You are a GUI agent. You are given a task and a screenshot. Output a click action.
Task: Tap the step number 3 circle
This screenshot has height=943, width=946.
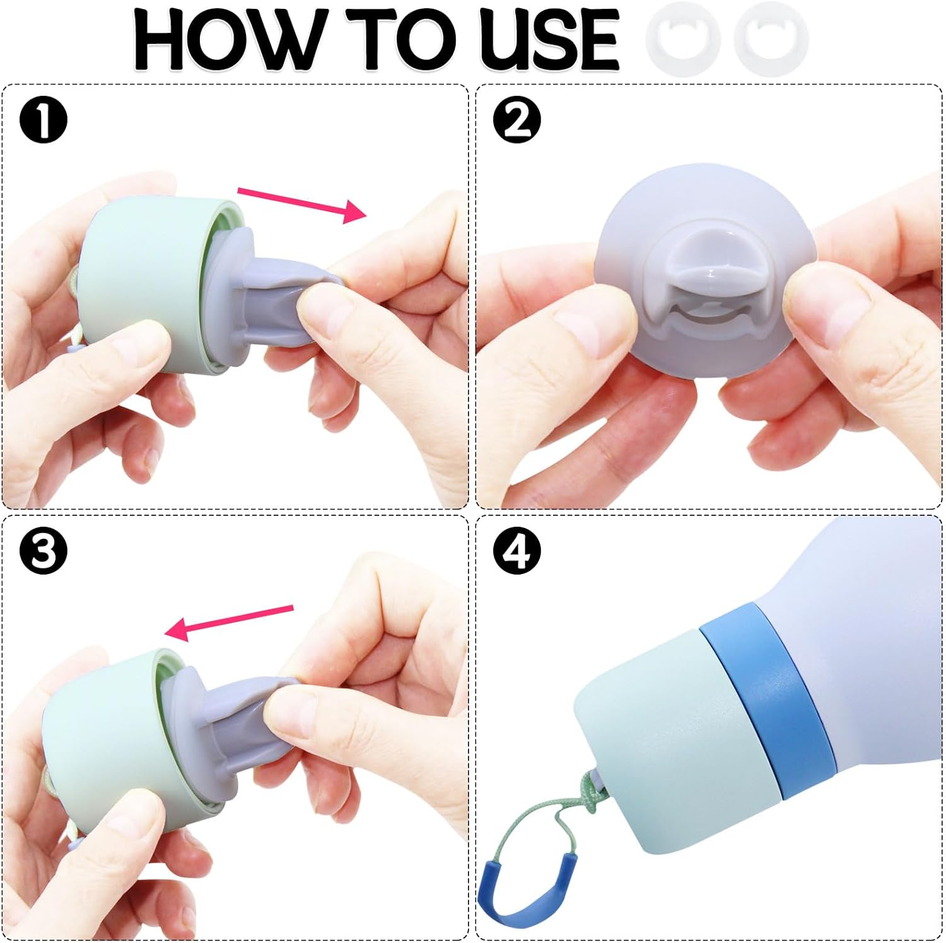(x=43, y=551)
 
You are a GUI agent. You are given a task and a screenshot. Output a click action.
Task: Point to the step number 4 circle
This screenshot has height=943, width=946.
(x=517, y=551)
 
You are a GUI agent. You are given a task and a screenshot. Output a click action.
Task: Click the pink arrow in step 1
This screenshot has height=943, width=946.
(x=301, y=204)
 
